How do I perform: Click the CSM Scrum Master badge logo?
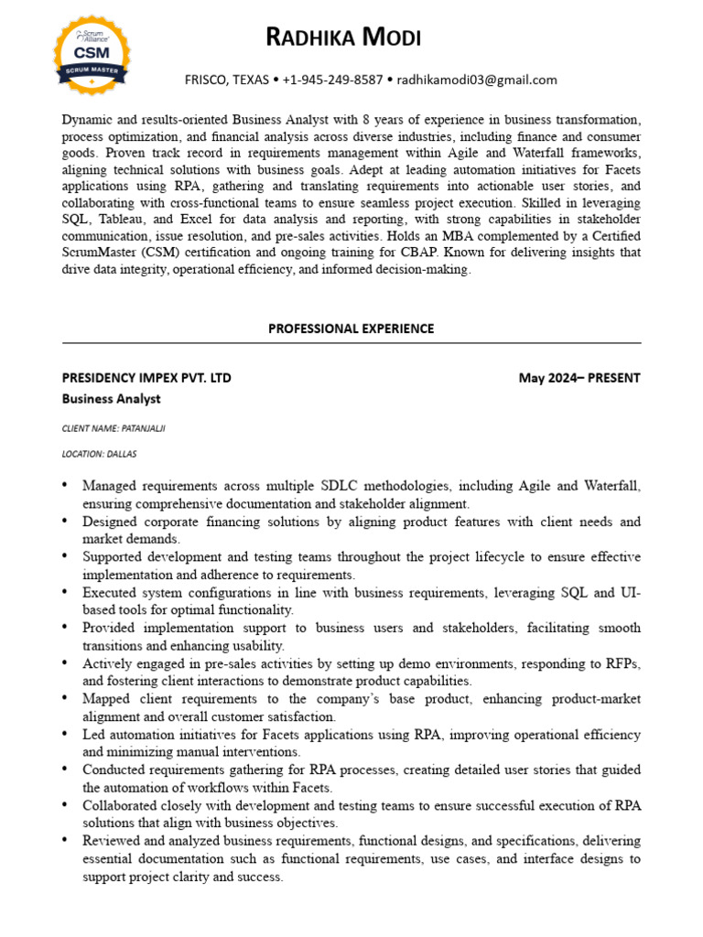point(92,54)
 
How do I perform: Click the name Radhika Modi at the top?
point(343,38)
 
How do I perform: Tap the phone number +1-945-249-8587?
point(333,80)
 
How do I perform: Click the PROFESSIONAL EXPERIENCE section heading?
point(351,328)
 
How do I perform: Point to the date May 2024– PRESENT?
point(579,378)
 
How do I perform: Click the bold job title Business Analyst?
point(111,399)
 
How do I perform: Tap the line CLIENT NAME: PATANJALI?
point(114,427)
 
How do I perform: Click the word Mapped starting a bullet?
point(107,699)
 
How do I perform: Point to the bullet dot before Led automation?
point(66,735)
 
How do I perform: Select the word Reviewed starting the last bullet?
point(113,841)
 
